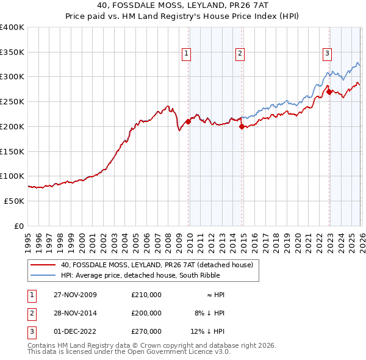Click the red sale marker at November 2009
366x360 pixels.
[188, 121]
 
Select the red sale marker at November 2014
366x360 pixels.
[242, 126]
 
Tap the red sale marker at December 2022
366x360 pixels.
[329, 92]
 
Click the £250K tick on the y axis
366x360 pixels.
[12, 102]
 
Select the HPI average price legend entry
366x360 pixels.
[149, 275]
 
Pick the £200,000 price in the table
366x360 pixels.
[146, 313]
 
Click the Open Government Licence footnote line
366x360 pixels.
[129, 352]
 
